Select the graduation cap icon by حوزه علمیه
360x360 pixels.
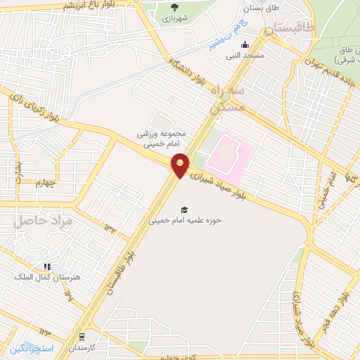[184, 210]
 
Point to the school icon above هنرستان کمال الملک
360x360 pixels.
[47, 267]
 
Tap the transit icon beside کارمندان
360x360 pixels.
[82, 337]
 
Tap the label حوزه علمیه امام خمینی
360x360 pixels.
[185, 220]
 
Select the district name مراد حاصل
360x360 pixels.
[43, 220]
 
